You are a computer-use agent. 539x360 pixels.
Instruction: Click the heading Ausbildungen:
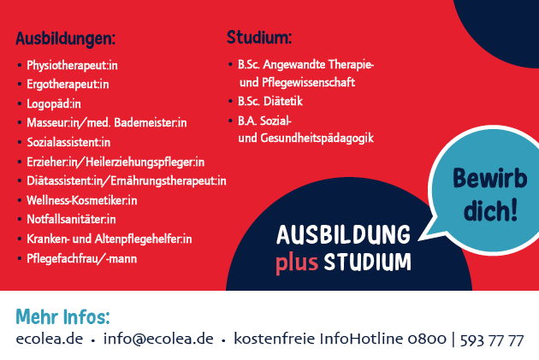[65, 38]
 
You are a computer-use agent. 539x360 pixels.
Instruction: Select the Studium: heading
[259, 37]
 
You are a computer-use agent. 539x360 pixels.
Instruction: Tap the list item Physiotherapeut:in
[72, 65]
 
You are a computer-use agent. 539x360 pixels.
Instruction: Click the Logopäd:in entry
[54, 103]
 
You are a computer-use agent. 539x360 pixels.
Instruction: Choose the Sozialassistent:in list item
[68, 142]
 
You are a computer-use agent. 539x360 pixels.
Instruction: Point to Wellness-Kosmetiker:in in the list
[82, 200]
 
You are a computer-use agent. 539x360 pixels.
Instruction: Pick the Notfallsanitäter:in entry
[71, 219]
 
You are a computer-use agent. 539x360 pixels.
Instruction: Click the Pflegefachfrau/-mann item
[82, 258]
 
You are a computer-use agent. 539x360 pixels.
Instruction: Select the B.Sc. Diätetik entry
[270, 102]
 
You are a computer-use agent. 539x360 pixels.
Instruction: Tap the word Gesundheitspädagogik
[317, 138]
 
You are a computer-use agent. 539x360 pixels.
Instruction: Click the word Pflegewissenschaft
[308, 82]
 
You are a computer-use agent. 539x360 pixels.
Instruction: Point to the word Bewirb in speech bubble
[490, 178]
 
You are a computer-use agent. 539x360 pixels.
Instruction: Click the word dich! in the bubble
[490, 210]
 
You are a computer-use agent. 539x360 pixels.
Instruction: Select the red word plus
[297, 263]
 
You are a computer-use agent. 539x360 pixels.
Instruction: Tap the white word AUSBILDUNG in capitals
[343, 235]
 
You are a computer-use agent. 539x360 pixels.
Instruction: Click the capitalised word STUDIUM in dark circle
[368, 263]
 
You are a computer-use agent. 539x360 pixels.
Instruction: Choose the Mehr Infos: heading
[63, 316]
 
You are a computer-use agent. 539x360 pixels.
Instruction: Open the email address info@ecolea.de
[158, 339]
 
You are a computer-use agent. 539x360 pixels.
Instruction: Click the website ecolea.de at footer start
[50, 339]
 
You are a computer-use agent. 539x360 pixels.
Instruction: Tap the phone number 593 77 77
[492, 339]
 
